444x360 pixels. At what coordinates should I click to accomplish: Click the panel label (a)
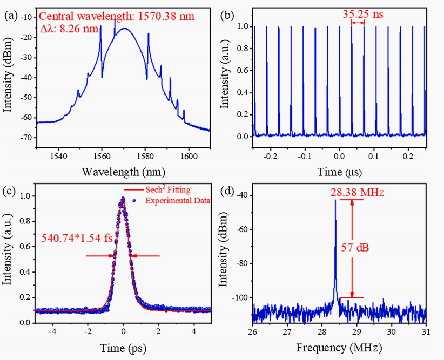coord(11,16)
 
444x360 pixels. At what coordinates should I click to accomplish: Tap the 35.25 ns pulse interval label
coord(362,14)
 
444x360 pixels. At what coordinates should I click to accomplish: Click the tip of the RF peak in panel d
coord(335,200)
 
